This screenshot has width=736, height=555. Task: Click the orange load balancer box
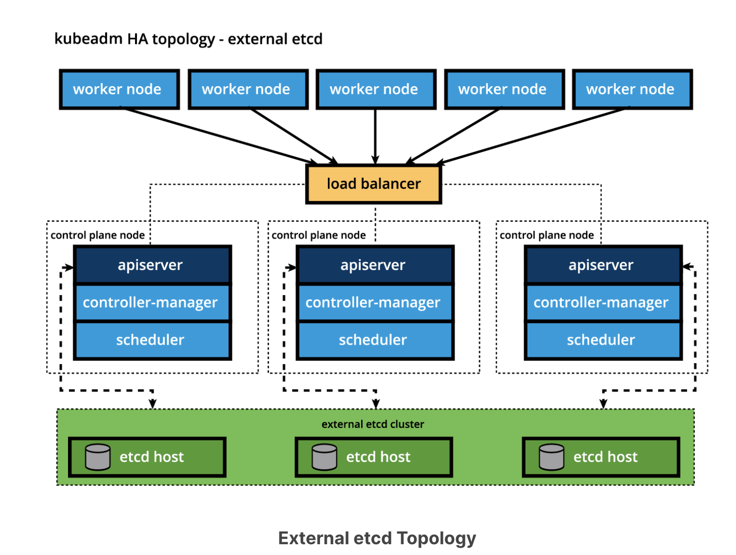tap(373, 184)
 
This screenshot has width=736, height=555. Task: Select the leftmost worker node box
tap(119, 89)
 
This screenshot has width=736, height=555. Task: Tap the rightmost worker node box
tap(632, 89)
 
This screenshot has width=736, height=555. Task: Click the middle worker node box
tap(375, 89)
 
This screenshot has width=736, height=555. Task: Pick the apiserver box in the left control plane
tap(152, 265)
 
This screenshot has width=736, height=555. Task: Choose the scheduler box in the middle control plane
tap(374, 340)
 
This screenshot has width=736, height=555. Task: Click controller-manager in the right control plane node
tap(602, 302)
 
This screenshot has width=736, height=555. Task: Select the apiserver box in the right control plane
tap(602, 265)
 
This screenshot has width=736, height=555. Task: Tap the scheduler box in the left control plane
tap(152, 340)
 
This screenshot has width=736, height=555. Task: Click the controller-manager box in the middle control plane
tap(374, 302)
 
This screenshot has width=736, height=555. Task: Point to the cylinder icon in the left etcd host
tap(98, 457)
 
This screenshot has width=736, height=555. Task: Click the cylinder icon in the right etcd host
tap(552, 457)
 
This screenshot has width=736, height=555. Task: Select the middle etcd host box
tap(374, 457)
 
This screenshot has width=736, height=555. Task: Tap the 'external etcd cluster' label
tap(372, 424)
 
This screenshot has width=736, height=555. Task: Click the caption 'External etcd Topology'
tap(377, 538)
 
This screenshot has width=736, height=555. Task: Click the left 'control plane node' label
tap(97, 235)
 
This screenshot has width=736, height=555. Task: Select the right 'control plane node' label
tap(547, 235)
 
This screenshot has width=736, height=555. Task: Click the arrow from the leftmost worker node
tap(220, 136)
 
